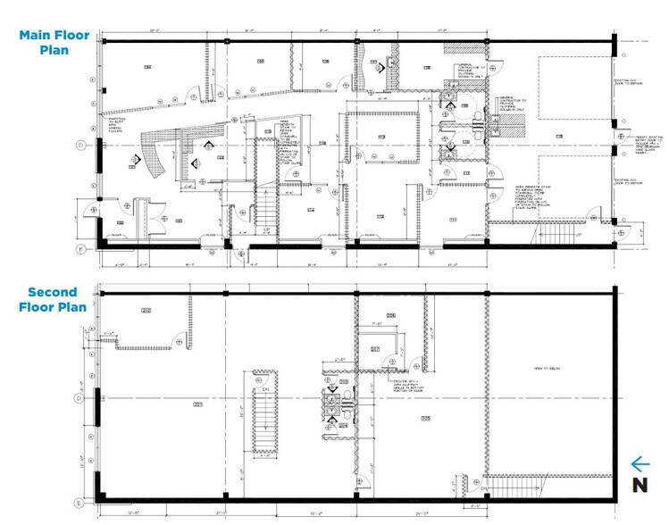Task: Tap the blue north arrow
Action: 639,463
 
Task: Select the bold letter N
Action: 639,485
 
